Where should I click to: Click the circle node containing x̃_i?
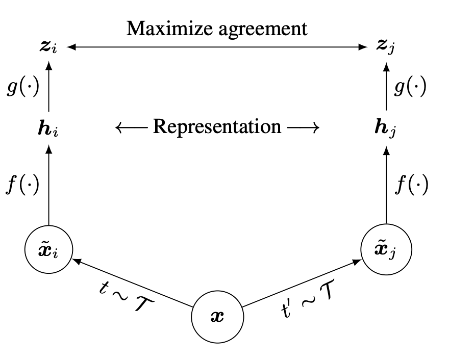[x=48, y=249]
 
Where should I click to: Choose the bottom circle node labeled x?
[x=217, y=317]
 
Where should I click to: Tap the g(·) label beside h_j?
[x=411, y=87]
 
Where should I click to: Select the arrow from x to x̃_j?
[x=301, y=283]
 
